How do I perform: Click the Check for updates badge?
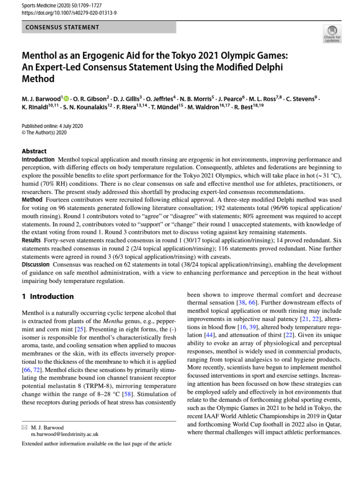coord(332,33)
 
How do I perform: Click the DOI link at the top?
coord(69,12)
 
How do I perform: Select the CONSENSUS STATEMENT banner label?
coord(62,27)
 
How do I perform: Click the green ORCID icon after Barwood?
coord(66,99)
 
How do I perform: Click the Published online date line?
coord(52,126)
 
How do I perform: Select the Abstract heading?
coord(34,151)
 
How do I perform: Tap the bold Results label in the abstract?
coord(31,240)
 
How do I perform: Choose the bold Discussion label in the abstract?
coord(35,265)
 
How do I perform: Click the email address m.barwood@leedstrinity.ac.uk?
coord(65,434)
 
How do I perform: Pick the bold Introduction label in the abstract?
coord(38,160)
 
